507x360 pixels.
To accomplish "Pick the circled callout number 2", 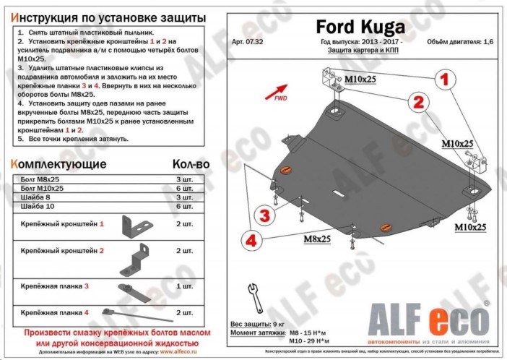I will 417,103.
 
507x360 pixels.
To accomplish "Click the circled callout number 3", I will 264,215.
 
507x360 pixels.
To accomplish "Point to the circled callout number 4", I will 253,241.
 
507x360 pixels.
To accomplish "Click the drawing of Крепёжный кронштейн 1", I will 131,226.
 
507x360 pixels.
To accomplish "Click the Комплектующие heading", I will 60,163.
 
